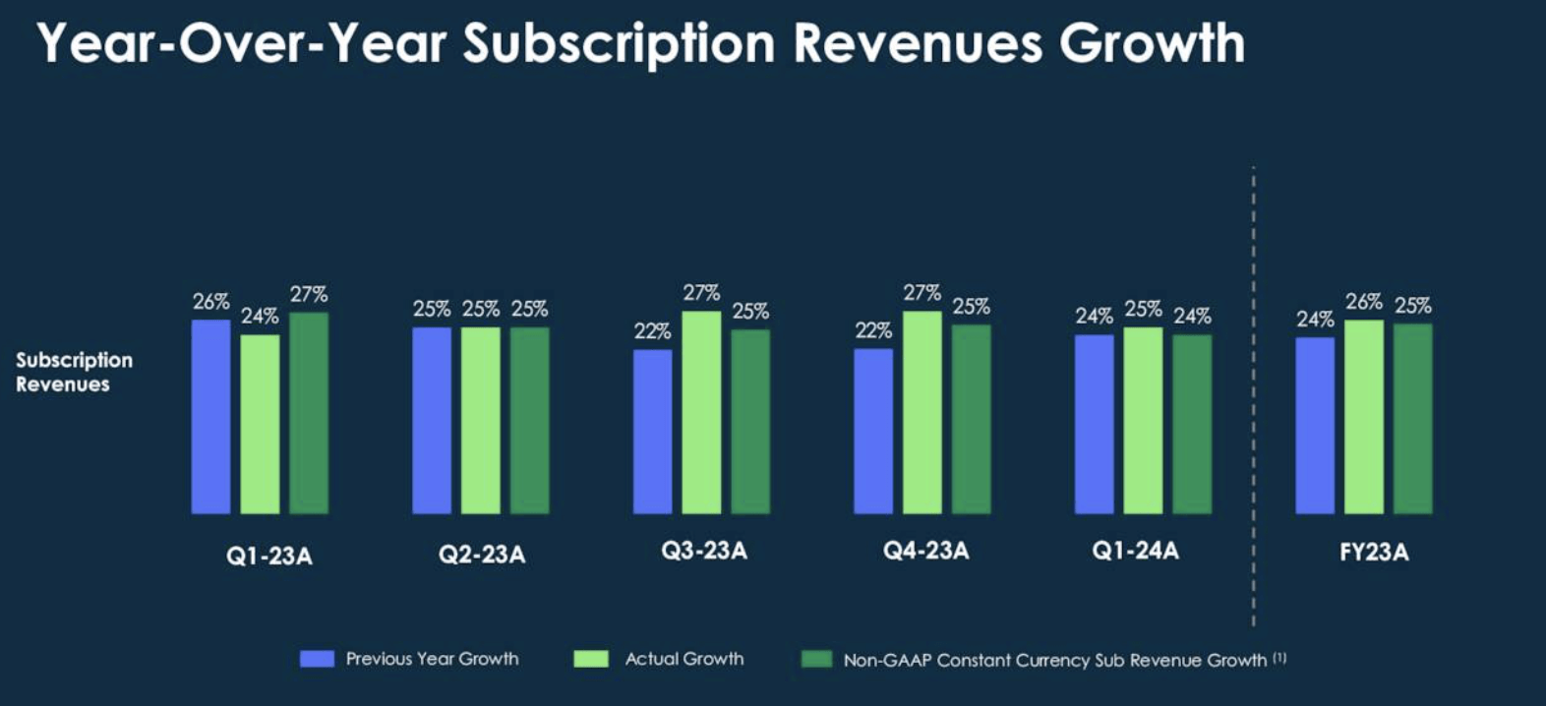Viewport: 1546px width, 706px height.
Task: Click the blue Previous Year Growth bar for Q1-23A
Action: pyautogui.click(x=210, y=417)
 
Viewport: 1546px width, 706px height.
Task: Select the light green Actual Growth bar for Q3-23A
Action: pyautogui.click(x=701, y=413)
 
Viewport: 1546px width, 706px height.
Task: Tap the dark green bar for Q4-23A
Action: pyautogui.click(x=971, y=420)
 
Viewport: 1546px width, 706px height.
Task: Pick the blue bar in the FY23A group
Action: pyautogui.click(x=1315, y=426)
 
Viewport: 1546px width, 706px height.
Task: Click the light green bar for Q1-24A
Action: pyautogui.click(x=1143, y=421)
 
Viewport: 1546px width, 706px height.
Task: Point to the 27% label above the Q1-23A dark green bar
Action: pyautogui.click(x=309, y=294)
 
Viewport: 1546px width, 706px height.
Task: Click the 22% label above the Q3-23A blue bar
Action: pyautogui.click(x=652, y=331)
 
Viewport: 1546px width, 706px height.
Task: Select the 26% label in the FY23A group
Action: pyautogui.click(x=1364, y=302)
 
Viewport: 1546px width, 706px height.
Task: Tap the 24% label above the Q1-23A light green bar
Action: pyautogui.click(x=260, y=317)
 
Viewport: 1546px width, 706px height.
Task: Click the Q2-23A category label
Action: pyautogui.click(x=482, y=556)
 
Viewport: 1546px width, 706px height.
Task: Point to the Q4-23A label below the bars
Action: pyautogui.click(x=925, y=551)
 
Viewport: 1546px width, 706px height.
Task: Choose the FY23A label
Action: pyautogui.click(x=1374, y=553)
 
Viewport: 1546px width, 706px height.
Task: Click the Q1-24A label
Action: pyautogui.click(x=1135, y=551)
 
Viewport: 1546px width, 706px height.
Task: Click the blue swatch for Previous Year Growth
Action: pyautogui.click(x=317, y=659)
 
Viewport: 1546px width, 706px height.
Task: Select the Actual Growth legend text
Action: pyautogui.click(x=684, y=659)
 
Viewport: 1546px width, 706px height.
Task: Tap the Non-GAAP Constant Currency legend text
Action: pyautogui.click(x=1054, y=661)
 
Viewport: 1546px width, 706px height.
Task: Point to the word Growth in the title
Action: pyautogui.click(x=1152, y=44)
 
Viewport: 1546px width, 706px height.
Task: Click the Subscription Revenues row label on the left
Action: pyautogui.click(x=74, y=372)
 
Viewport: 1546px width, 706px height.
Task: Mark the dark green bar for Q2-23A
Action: pyautogui.click(x=529, y=421)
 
